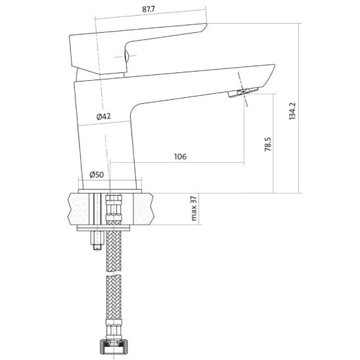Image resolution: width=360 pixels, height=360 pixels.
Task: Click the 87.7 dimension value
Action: pos(148,9)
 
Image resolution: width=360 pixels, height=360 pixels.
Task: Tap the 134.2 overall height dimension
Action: pos(292,111)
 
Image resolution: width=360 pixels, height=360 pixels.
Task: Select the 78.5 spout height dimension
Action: pos(268,144)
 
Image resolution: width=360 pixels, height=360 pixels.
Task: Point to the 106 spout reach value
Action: pos(180,156)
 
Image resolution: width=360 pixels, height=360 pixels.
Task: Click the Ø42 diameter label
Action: pos(104,117)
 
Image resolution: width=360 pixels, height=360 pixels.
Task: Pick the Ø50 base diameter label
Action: pos(97,175)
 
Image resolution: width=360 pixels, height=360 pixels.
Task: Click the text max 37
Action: pos(194,208)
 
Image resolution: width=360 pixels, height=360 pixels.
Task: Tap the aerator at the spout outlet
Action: pos(243,92)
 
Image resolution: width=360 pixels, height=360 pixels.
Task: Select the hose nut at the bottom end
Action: pos(114,346)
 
